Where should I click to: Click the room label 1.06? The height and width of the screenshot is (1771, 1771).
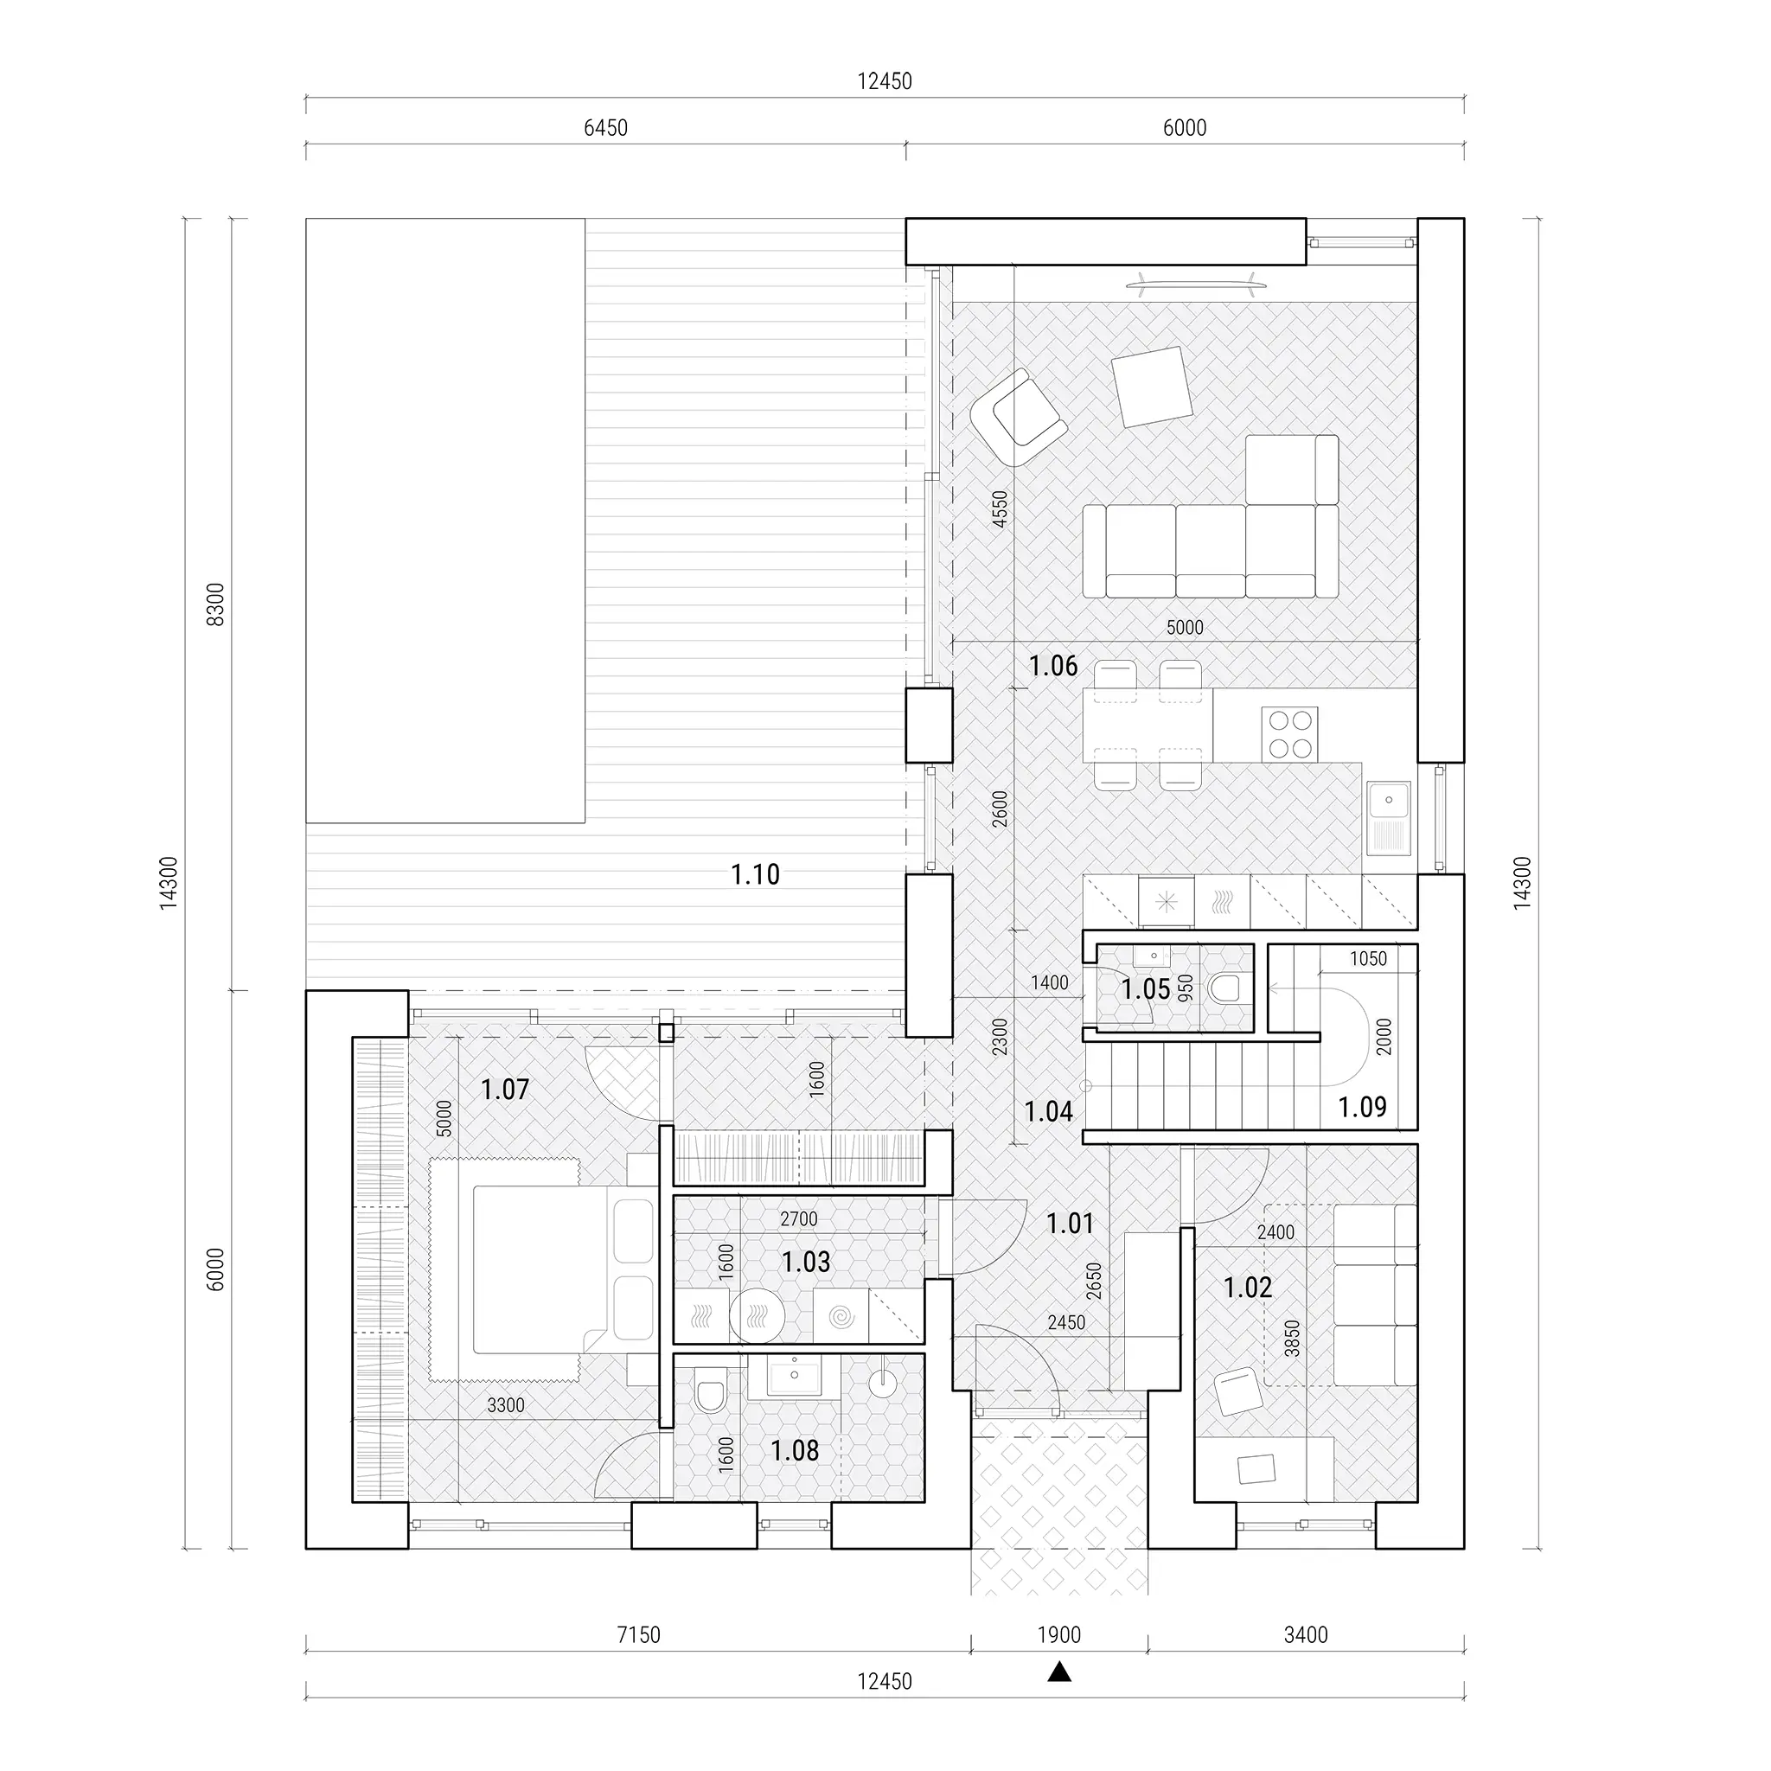(1053, 667)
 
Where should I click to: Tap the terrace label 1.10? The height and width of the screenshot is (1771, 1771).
(755, 874)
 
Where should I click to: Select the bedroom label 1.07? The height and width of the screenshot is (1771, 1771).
(505, 1090)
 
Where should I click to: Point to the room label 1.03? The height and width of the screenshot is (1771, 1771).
(806, 1263)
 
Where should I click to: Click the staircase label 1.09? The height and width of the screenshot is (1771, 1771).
(1362, 1108)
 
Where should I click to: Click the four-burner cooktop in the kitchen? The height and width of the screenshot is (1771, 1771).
(1289, 734)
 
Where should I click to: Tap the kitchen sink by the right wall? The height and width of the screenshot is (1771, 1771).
(1389, 818)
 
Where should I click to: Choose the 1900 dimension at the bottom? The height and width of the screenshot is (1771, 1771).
(1058, 1635)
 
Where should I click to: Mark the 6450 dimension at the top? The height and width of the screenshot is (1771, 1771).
(606, 128)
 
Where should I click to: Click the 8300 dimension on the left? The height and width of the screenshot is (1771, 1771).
(214, 604)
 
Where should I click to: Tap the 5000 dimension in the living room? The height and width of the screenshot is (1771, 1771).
(1185, 628)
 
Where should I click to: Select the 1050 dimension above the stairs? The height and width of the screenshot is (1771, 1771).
(1368, 959)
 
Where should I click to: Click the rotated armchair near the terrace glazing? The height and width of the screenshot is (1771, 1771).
(1019, 418)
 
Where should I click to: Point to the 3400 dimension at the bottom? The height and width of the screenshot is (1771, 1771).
(1305, 1635)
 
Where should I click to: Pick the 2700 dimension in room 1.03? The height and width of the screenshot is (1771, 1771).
(798, 1219)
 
